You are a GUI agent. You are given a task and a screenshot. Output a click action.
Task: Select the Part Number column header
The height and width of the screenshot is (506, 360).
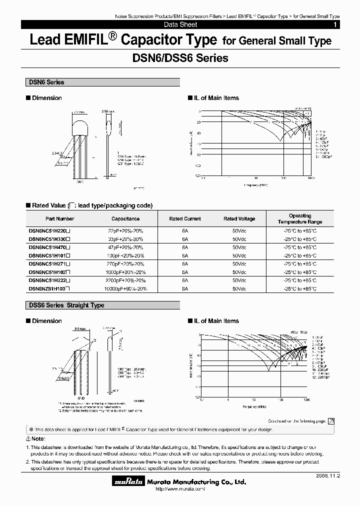pos(59,218)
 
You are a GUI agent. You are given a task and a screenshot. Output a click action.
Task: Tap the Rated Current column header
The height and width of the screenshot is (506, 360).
pos(185,218)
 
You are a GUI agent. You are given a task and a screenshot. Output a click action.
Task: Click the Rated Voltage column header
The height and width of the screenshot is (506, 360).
pos(239,218)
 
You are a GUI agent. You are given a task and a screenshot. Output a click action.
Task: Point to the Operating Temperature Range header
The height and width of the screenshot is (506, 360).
pos(300,218)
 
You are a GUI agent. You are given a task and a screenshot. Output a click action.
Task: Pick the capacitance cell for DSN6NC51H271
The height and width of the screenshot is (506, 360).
pos(125,263)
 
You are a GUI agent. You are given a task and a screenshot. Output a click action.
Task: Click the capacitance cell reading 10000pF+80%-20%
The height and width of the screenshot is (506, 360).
pos(125,288)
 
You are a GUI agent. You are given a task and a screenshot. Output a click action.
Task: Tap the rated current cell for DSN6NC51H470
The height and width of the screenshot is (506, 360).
pos(185,247)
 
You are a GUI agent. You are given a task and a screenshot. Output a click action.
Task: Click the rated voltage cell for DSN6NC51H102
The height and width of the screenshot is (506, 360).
pos(239,272)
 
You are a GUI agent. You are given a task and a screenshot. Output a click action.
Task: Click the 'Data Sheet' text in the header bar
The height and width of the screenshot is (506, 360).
pos(180,24)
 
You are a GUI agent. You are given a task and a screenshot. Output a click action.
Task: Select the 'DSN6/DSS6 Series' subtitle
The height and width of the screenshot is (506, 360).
pos(180,58)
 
